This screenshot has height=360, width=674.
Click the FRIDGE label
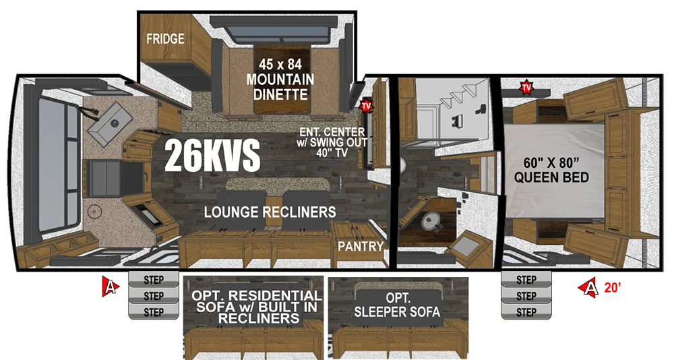point(165,38)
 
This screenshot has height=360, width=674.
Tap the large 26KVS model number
point(212,155)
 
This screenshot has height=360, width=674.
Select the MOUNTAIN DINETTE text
point(280,87)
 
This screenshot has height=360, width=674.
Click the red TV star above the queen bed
point(526,88)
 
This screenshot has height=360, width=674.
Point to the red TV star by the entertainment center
point(366,105)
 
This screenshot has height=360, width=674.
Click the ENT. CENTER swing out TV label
point(333,142)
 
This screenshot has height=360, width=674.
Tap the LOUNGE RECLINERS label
point(270,212)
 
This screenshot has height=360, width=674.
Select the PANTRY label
point(360,247)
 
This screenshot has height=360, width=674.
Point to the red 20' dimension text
point(612,287)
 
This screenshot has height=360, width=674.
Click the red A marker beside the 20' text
point(590,287)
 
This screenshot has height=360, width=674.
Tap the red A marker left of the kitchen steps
point(111,287)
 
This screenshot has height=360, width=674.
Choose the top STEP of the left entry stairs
point(154,280)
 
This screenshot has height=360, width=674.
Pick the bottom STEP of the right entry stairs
point(526,312)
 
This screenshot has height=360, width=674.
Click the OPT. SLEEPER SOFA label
point(397,305)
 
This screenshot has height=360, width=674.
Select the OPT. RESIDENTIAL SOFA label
point(257,307)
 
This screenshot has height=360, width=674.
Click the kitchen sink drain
point(115,123)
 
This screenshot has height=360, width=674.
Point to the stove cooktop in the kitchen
point(106,177)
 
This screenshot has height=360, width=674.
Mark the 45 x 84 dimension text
point(280,65)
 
